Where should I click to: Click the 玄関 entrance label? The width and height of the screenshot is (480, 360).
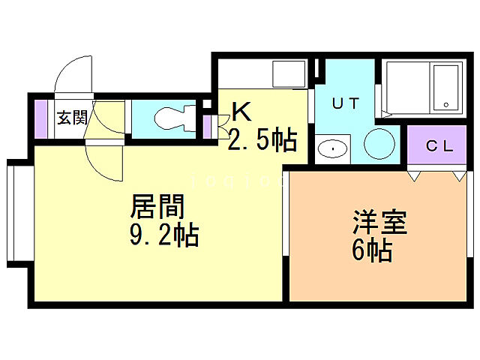coord(73,118)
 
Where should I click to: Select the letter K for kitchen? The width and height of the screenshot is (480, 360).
coord(240,112)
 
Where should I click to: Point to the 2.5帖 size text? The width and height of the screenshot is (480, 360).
coord(262,139)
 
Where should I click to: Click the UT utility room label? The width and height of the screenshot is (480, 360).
coord(345,105)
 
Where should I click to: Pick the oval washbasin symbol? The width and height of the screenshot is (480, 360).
coord(330,148)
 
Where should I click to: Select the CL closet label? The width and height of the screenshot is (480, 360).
coord(439,146)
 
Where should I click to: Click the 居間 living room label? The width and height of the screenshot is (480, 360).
coord(157,205)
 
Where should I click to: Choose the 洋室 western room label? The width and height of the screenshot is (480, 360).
coord(380,223)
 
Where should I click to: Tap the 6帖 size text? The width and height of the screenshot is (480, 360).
coord(371,251)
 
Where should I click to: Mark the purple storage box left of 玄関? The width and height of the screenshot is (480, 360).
coord(41,118)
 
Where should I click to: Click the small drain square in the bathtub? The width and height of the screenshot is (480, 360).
coord(446,104)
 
